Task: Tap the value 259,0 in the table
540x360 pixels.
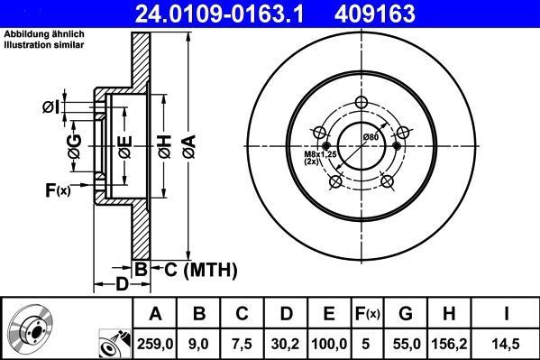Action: point(156,344)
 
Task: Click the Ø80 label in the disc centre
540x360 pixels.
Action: point(370,136)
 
